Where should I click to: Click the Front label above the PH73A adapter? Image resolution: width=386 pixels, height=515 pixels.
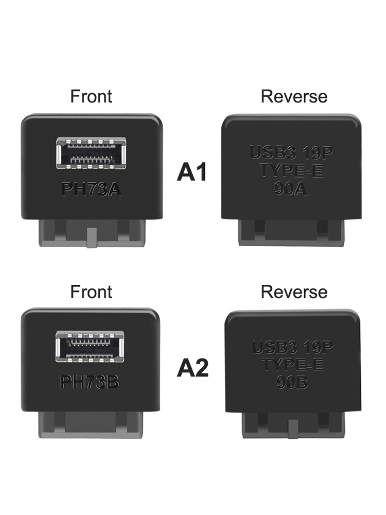91,96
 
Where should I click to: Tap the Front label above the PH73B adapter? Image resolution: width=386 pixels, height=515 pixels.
91,291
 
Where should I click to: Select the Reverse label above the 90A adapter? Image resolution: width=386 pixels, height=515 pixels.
294,96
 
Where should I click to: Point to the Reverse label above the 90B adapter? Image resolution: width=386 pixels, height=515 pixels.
294,291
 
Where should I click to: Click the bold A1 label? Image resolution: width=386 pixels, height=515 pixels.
192,172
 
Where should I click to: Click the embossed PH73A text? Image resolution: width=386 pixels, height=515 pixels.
91,190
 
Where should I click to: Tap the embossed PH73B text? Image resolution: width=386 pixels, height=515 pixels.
90,382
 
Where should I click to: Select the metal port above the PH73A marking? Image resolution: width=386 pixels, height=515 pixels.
91,153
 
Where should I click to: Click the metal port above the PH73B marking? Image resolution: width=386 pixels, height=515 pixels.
90,347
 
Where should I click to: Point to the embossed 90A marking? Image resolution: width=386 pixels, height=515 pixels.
290,189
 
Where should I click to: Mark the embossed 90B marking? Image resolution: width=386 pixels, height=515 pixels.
292,382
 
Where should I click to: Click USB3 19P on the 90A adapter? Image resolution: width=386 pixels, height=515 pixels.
291,152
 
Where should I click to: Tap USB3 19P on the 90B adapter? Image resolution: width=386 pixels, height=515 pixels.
292,348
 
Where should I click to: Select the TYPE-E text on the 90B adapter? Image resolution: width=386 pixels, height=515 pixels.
292,365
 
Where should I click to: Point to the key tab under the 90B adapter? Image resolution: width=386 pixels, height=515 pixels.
293,429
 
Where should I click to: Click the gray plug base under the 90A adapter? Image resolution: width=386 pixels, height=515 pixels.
291,232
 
